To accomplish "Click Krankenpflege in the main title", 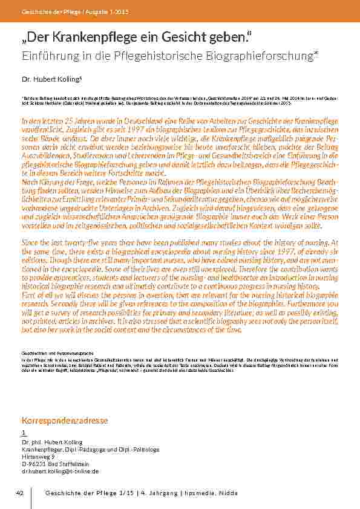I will tap(105, 39).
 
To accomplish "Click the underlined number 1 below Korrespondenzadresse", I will tap(24, 433).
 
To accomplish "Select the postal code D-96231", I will tap(34, 464).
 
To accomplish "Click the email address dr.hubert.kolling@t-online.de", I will tap(60, 471).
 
